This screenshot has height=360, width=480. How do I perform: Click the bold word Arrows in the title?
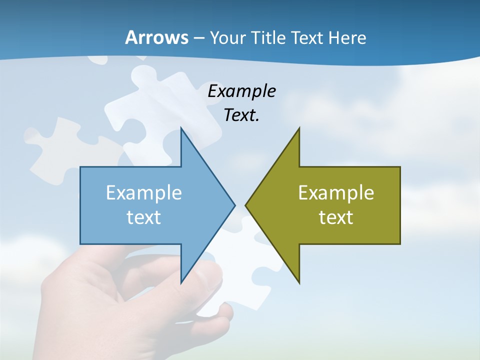tap(156, 38)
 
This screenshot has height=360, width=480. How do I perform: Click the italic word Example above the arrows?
tap(241, 91)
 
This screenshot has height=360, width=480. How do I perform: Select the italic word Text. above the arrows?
tap(241, 115)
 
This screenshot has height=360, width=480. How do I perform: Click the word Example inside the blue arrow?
tap(144, 193)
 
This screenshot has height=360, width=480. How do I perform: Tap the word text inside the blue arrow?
tap(144, 217)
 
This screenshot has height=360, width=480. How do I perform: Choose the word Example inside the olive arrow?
tap(336, 193)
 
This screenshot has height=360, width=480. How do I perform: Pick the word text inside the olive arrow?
tap(336, 217)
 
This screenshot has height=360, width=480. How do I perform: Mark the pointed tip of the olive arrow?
tap(246, 205)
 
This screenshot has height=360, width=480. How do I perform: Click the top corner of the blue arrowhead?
tap(181, 129)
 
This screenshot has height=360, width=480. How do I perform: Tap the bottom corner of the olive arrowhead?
tap(299, 282)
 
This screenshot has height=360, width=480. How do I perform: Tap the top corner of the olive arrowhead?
tap(299, 129)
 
